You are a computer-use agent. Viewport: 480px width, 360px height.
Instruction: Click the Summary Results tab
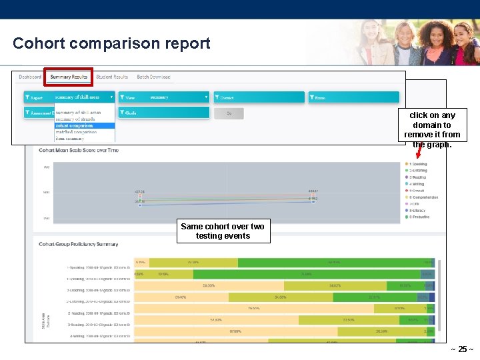pos(69,77)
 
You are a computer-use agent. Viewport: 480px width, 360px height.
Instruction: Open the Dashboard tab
pos(30,77)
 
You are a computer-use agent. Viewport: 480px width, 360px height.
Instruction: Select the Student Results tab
pos(112,77)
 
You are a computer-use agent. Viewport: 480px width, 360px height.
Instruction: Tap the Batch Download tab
pos(153,77)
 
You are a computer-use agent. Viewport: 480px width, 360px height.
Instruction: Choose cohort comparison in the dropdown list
pos(74,125)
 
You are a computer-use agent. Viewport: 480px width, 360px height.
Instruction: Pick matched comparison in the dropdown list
pos(75,132)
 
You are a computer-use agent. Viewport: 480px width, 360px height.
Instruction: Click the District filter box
pos(259,97)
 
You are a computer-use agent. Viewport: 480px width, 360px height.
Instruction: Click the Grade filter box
pos(163,113)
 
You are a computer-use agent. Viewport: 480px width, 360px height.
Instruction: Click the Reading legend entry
pos(418,177)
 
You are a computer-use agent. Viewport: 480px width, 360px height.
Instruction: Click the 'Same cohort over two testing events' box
pos(223,231)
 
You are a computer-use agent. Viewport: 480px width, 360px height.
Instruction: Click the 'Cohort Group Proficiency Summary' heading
pos(79,245)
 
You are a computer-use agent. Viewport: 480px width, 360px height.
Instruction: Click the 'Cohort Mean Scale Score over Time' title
pos(79,150)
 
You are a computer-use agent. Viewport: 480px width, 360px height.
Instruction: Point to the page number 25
pos(462,349)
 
